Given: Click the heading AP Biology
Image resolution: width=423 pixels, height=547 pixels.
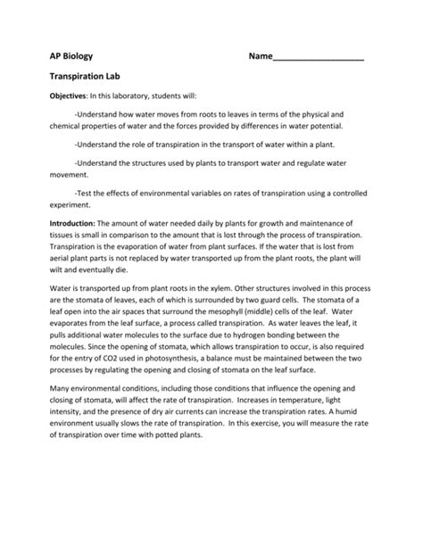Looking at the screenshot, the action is [x=70, y=55].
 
